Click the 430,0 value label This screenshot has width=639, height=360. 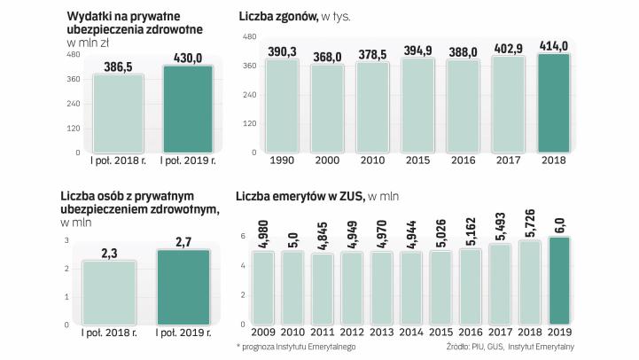(x=186, y=57)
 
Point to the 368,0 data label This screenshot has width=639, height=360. (x=326, y=57)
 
